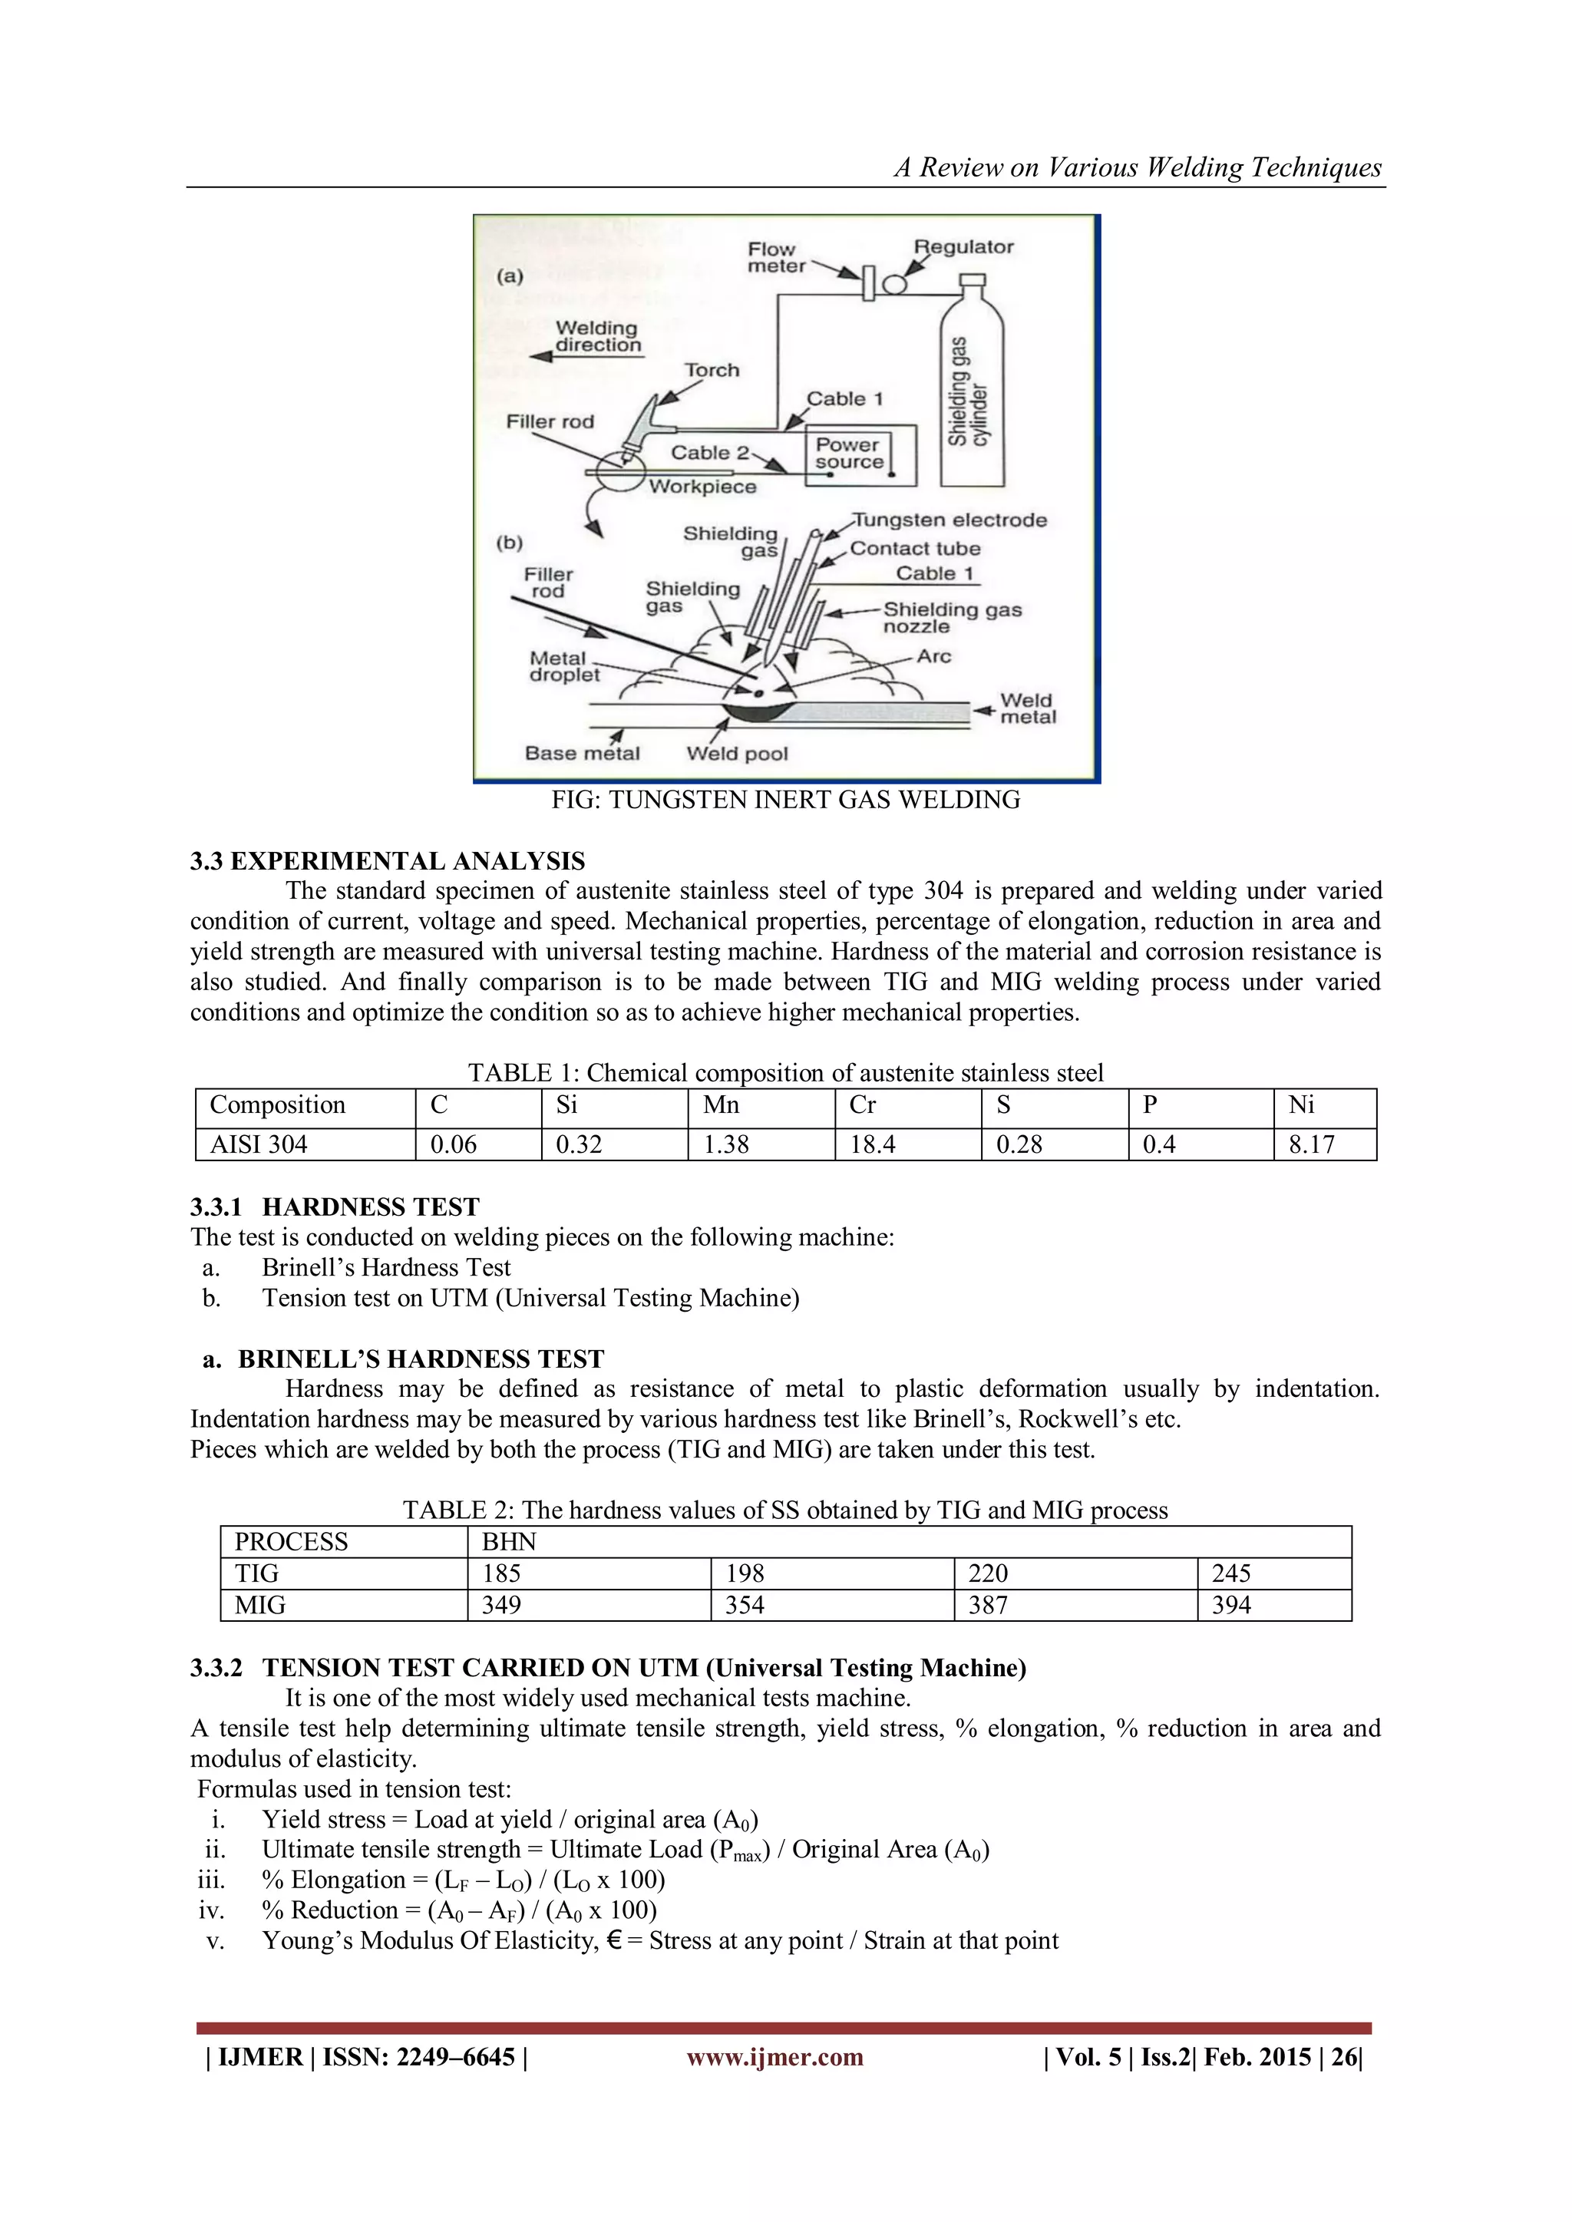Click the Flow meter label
click(x=774, y=257)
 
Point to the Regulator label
click(x=964, y=247)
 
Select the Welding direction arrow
click(x=586, y=357)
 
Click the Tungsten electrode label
click(x=949, y=520)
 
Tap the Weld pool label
click(x=737, y=753)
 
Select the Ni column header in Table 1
click(x=1302, y=1105)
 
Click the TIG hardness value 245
click(x=1231, y=1573)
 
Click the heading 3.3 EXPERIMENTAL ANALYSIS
click(x=387, y=861)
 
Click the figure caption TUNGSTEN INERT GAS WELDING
click(x=785, y=799)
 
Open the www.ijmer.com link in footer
click(x=774, y=2056)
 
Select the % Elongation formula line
click(x=463, y=1880)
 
